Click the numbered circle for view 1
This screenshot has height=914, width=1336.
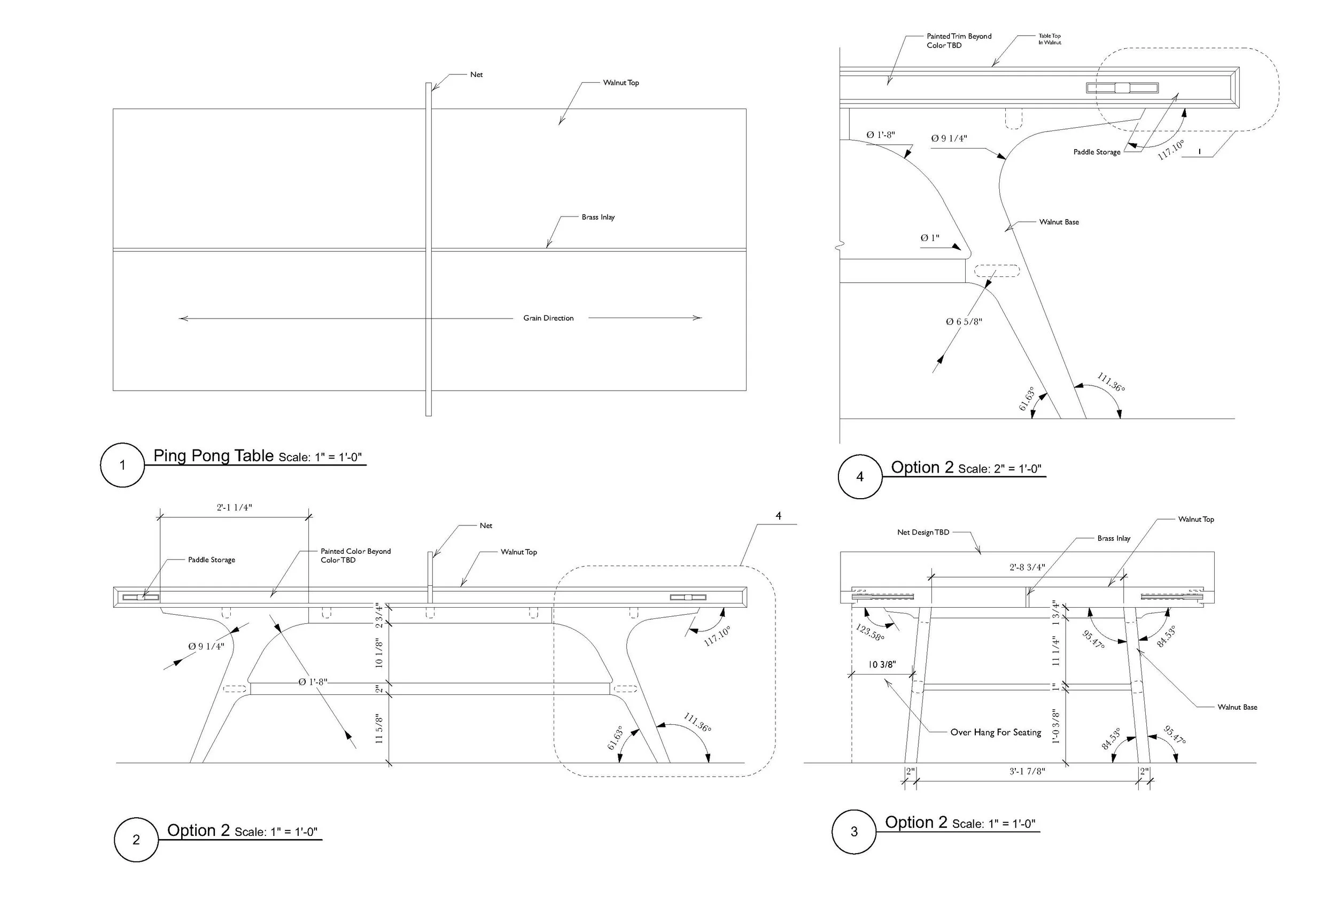point(122,465)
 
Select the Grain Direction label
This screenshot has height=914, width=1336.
point(548,318)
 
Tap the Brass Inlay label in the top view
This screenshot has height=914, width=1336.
point(598,218)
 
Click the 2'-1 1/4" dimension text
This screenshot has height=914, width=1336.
point(234,508)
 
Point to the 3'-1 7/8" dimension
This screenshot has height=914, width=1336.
point(1027,771)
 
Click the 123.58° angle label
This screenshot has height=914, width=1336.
point(870,633)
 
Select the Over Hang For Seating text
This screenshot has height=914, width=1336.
point(996,732)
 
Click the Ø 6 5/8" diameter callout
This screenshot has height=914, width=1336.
point(964,322)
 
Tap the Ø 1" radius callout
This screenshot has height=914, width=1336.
point(929,238)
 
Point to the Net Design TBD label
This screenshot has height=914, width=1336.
point(923,532)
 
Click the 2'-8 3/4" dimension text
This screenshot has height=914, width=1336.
point(1027,567)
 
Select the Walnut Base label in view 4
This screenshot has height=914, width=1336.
point(1059,222)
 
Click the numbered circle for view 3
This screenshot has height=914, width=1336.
point(853,832)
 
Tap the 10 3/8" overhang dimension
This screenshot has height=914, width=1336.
point(882,664)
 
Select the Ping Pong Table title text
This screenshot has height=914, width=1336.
point(213,456)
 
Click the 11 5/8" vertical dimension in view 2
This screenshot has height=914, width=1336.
point(379,729)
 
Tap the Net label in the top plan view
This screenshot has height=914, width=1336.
point(476,75)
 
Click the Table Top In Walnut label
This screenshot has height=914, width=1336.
point(1049,39)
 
